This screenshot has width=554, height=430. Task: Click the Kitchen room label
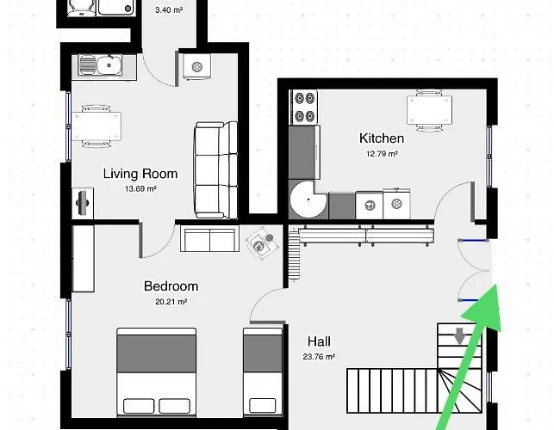(x=382, y=138)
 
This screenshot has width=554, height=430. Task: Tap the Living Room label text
(x=140, y=174)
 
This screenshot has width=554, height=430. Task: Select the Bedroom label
(x=171, y=286)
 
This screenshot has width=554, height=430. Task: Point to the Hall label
(x=319, y=341)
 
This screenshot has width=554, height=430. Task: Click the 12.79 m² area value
(x=382, y=154)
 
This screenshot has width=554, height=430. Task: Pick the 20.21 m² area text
(x=171, y=302)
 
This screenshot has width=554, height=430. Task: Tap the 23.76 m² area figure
(x=319, y=357)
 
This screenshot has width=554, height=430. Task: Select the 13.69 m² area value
(x=140, y=188)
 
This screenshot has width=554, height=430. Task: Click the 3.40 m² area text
(x=169, y=9)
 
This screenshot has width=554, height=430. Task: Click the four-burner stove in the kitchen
(x=304, y=107)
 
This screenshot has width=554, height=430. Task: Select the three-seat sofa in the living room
(x=216, y=169)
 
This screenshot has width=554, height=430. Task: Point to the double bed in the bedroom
(x=157, y=372)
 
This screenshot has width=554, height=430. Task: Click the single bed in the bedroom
(x=263, y=372)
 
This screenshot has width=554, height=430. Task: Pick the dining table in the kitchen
(x=429, y=110)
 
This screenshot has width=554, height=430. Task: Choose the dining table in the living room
(x=96, y=126)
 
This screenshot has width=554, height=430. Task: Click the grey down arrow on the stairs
(x=459, y=336)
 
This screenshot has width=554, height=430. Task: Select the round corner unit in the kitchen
(x=308, y=200)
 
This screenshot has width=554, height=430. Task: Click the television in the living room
(x=83, y=203)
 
